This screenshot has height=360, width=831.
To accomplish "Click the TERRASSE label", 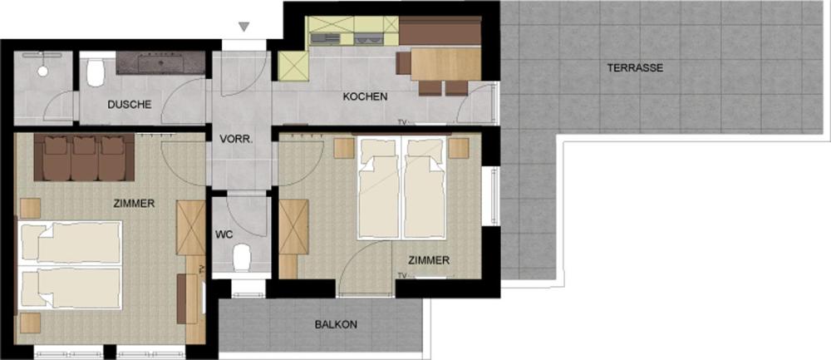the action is [635, 68].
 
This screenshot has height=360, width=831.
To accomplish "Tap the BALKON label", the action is [336, 324].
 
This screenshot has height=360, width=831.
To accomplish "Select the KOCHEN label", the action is [365, 97].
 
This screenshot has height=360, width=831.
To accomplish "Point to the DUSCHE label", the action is [130, 105].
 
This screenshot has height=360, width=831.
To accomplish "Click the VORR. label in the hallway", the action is [236, 140].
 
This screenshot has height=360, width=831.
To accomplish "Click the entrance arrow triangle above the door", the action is [243, 27].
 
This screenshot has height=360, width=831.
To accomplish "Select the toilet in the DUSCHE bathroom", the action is [96, 72].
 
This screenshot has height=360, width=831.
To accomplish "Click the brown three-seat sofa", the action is [84, 157].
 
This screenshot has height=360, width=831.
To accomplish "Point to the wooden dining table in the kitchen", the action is [445, 64].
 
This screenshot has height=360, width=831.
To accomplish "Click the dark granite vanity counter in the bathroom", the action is [160, 62].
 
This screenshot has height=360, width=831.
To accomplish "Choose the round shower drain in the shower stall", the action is [43, 71].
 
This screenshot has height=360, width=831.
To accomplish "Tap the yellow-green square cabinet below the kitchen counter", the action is [293, 67].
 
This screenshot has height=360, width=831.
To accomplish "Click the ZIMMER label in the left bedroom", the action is [134, 203].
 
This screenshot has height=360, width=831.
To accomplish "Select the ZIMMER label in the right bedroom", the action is [430, 260].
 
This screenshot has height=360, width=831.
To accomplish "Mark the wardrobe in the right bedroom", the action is [293, 227].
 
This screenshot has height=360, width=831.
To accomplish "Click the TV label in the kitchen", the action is [402, 122].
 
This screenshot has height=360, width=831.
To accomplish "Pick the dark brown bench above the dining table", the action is [440, 31].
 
